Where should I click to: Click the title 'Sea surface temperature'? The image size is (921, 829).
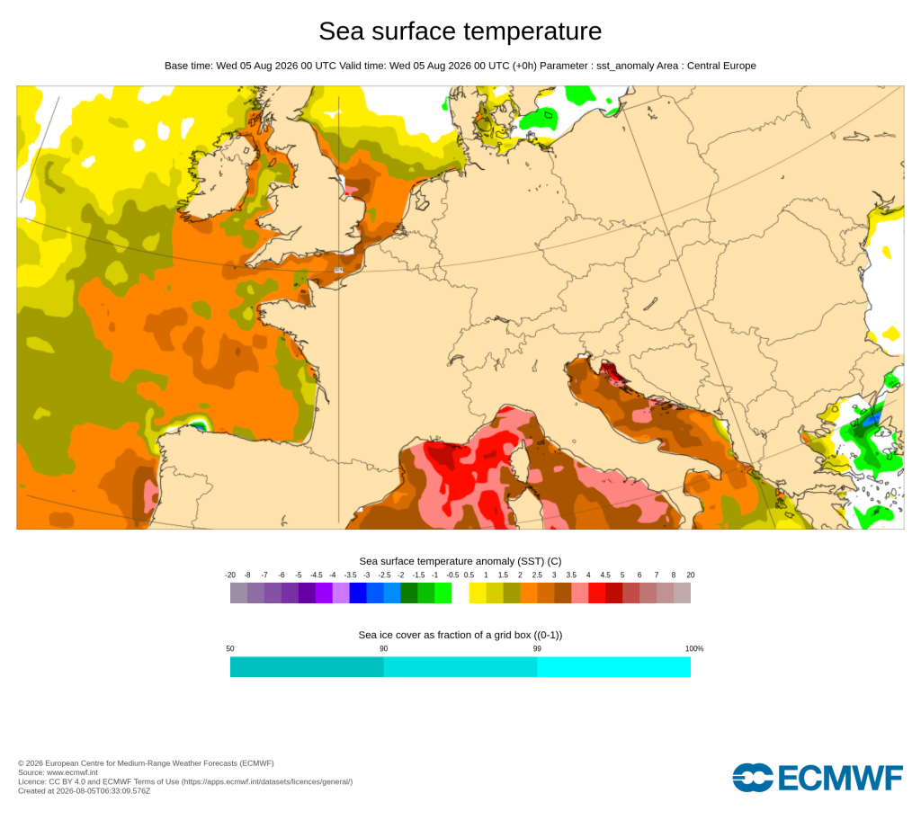pos(460,31)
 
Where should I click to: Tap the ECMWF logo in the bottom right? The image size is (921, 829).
pos(817,778)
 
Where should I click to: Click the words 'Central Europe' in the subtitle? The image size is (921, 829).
pos(721,66)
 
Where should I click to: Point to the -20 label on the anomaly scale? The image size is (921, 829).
pos(230,575)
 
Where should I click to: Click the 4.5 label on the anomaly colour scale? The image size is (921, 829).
pos(605,575)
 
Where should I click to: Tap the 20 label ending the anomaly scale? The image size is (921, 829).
pos(691,575)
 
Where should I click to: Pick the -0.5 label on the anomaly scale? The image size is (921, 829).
pos(452,575)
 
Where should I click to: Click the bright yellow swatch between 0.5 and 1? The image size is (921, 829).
pos(478,593)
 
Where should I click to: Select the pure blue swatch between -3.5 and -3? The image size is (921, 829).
pos(358,593)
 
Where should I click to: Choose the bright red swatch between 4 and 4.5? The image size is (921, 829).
pos(597,593)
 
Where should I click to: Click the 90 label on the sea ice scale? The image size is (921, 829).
pos(383,649)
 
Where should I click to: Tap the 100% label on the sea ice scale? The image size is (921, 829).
pos(694,649)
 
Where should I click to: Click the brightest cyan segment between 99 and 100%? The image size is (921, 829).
pos(613,667)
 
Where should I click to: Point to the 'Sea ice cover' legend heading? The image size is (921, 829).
pos(460,635)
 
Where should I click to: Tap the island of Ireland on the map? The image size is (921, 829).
pos(221,179)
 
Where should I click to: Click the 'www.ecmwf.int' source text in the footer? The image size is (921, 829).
pos(72,772)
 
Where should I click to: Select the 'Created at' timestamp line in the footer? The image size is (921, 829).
pos(84,791)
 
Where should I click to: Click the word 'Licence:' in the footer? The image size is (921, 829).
pos(32,781)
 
